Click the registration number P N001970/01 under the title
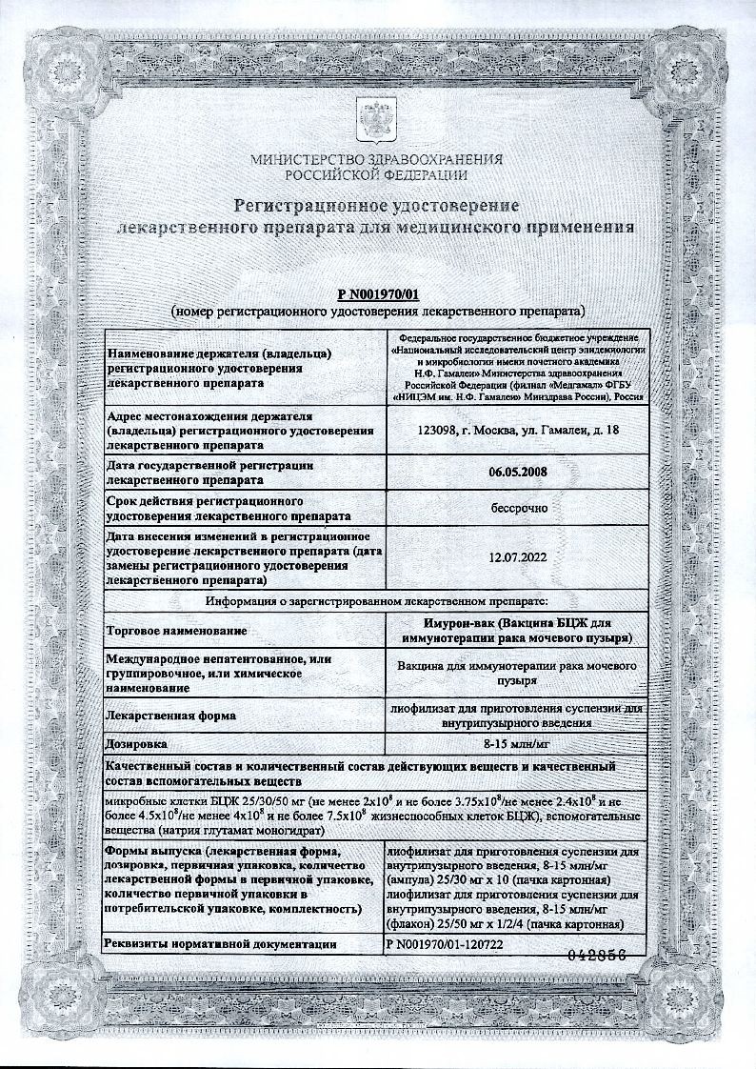(x=378, y=296)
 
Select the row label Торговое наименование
(x=178, y=631)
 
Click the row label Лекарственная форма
(x=172, y=714)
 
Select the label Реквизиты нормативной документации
(x=223, y=944)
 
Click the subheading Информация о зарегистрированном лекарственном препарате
(x=377, y=602)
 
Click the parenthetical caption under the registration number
(x=378, y=312)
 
